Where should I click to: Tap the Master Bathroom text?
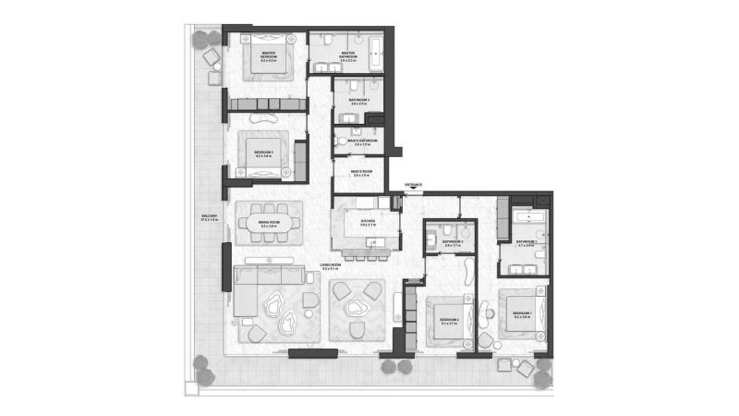[348, 55]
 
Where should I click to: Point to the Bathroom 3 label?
[358, 101]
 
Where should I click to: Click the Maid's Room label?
[361, 172]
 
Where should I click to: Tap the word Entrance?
[412, 185]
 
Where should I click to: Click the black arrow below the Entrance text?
[412, 190]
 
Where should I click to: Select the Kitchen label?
[366, 223]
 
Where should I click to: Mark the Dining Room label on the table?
[268, 225]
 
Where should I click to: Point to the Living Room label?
[333, 267]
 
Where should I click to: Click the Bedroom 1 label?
[522, 314]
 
